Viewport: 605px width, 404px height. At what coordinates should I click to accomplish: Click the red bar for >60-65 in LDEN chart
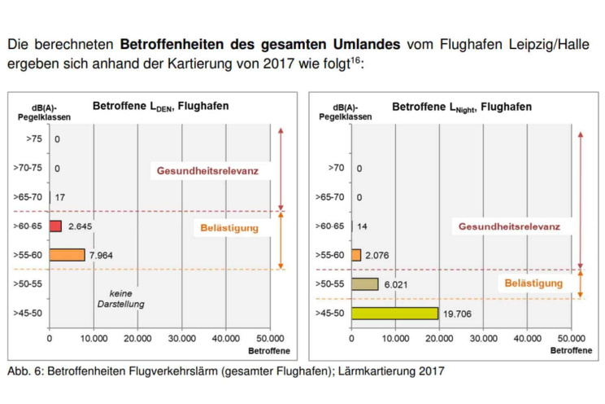55,226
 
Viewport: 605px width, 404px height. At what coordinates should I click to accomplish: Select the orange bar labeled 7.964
67,255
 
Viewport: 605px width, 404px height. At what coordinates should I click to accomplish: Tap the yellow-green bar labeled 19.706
394,313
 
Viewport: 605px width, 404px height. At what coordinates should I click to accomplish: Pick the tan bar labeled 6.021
365,283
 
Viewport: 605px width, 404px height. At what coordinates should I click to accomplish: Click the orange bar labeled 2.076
356,255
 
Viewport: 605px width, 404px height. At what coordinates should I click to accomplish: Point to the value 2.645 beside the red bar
83,226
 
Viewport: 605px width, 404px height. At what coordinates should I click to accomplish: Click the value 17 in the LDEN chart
60,197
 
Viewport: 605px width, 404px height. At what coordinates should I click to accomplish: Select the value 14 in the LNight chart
363,226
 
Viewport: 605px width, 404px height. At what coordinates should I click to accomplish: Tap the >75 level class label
34,139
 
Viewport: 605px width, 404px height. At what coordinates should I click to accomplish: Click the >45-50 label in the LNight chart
332,313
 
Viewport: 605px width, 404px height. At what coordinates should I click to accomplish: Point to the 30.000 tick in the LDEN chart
181,338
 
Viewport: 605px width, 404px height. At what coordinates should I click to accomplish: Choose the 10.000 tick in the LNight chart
395,338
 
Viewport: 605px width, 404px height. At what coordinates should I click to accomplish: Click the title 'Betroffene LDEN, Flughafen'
160,106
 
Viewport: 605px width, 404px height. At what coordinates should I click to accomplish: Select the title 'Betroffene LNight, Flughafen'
461,107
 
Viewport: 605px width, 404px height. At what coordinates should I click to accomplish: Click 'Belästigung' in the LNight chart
533,283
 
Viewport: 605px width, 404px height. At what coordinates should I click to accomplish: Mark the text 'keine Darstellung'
120,298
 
